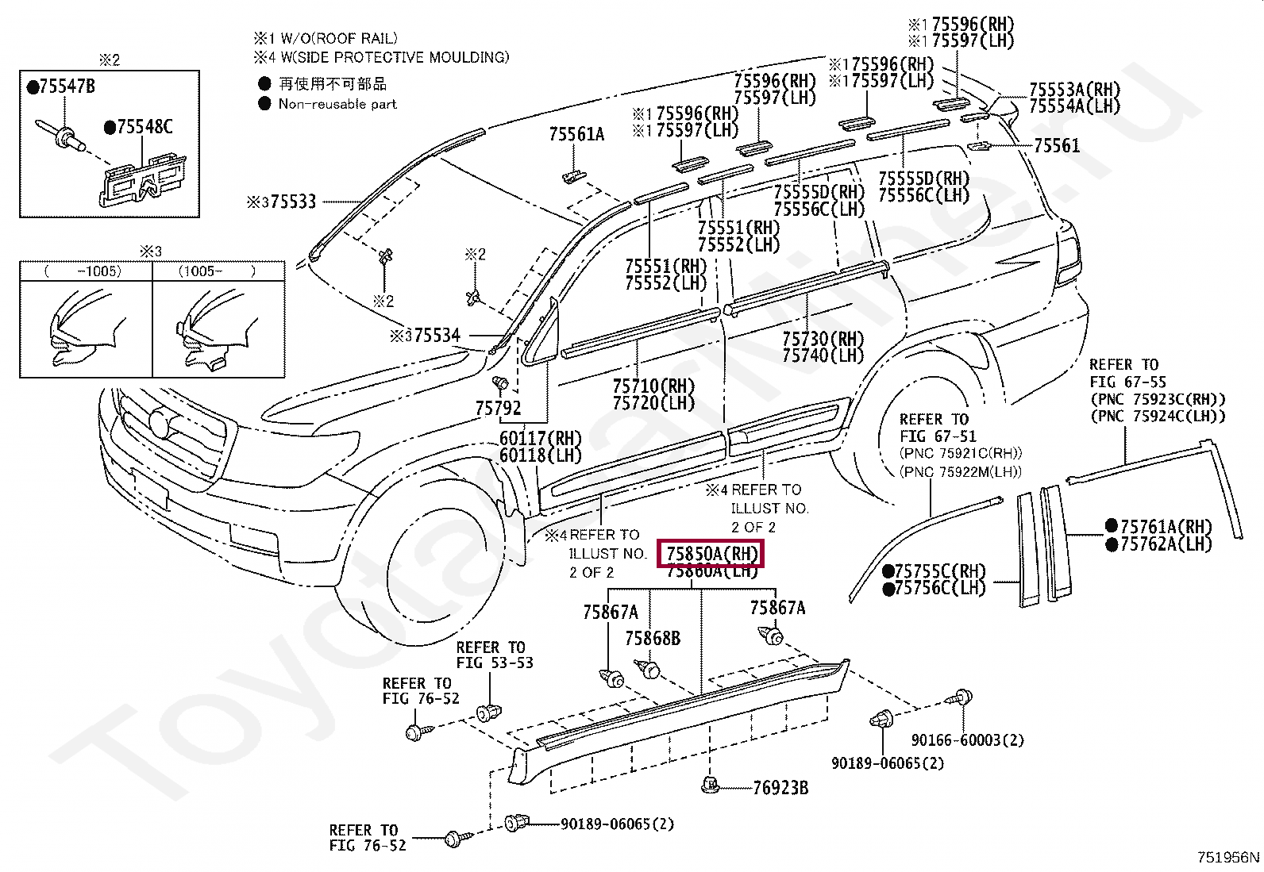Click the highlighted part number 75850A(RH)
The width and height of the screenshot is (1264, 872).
click(x=711, y=554)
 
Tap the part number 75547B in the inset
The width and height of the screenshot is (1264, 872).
click(x=67, y=87)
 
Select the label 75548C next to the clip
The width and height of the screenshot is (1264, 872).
click(x=144, y=127)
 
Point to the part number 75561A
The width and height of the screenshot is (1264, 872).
click(x=576, y=135)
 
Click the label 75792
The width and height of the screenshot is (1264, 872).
click(x=498, y=409)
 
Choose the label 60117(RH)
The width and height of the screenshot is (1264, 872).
click(x=540, y=439)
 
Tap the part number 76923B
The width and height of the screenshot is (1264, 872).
click(x=780, y=788)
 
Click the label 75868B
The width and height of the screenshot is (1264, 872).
click(x=652, y=639)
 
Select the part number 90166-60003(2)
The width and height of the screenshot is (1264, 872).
click(x=967, y=740)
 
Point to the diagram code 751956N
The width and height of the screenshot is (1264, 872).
click(x=1227, y=857)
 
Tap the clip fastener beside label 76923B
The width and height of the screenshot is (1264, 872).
click(x=711, y=786)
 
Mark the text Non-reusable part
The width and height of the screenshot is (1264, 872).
click(x=337, y=104)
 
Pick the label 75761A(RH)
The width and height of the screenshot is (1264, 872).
click(x=1166, y=527)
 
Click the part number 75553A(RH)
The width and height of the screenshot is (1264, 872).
click(x=1074, y=90)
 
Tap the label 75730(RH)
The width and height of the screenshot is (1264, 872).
click(x=823, y=340)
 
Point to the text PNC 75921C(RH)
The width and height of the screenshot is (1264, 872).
click(x=961, y=453)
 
